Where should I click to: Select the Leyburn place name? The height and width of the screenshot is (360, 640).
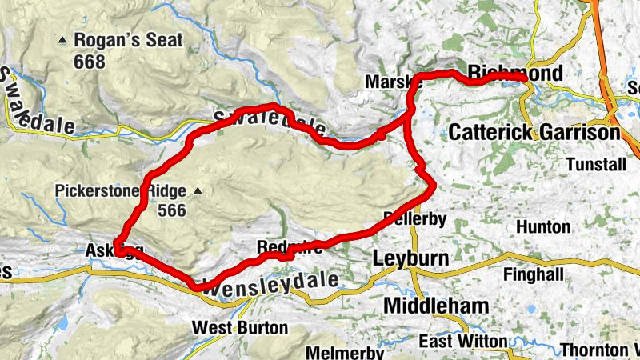pos(408,258)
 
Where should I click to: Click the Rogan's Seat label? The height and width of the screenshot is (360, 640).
pos(128,40)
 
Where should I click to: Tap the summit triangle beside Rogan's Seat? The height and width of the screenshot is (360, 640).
pos(62,39)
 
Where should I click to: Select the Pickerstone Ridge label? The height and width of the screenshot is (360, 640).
pos(120,191)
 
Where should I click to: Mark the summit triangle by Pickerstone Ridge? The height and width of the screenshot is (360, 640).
pos(197,191)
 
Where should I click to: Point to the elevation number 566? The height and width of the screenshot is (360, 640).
pos(171,211)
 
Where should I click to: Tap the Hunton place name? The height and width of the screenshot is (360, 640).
pos(543,227)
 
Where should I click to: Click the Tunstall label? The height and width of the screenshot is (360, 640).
pos(593,163)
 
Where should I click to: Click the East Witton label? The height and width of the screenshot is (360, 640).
pos(464,342)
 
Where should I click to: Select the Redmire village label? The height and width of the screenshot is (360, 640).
pos(290,248)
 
